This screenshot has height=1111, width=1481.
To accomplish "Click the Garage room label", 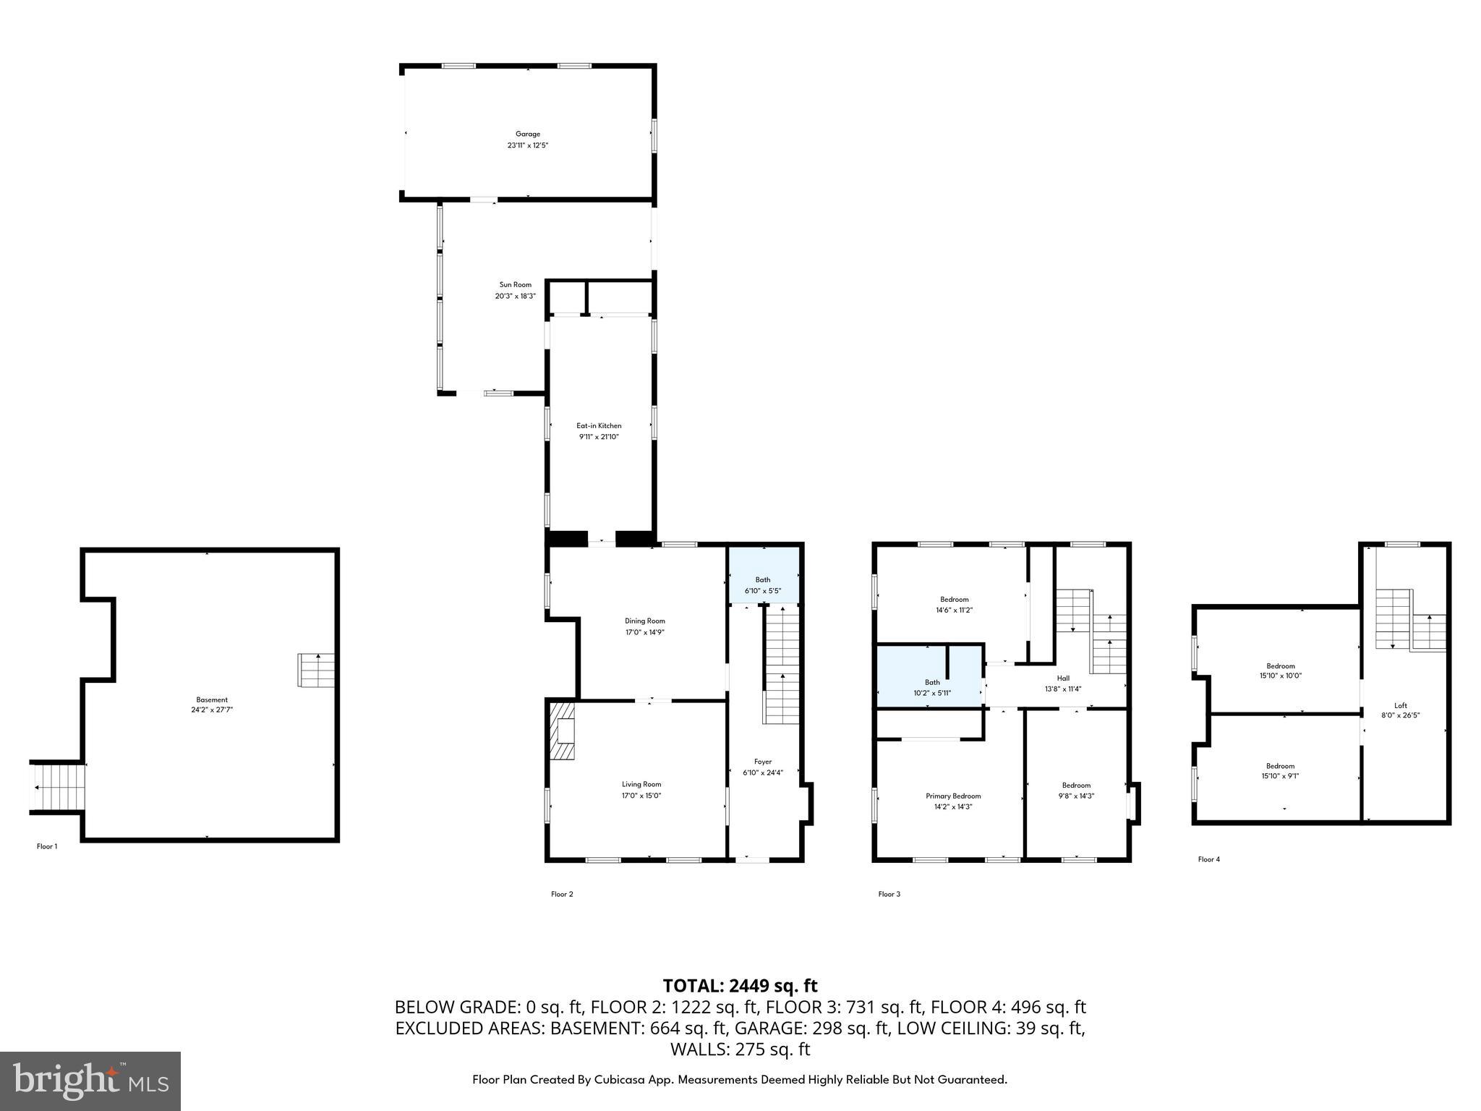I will click(527, 134).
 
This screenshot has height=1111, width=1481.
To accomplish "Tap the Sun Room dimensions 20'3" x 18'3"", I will click(515, 296).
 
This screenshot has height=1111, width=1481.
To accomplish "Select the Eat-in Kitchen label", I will click(599, 425).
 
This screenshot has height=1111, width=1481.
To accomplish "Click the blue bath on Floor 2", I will click(763, 576).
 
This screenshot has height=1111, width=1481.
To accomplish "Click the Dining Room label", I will click(644, 621).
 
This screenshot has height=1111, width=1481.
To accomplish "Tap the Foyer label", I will click(762, 762).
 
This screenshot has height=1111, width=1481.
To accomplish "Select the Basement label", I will click(212, 699).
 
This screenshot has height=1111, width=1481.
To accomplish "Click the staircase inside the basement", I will click(317, 670).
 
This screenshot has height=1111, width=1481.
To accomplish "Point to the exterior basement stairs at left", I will click(57, 787).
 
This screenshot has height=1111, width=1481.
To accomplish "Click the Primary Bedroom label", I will click(953, 796).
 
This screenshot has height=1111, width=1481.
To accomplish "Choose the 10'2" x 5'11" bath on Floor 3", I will click(932, 693).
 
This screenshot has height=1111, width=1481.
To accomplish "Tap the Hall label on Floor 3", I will click(1062, 678).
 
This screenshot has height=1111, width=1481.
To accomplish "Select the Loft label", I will click(1400, 705).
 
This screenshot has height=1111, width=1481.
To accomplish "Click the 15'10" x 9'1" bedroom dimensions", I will click(1280, 776).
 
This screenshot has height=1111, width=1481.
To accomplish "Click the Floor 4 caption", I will click(1208, 859).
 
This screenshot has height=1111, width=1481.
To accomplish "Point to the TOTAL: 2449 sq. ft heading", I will click(740, 986).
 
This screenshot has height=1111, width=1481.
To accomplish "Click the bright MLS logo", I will click(90, 1081).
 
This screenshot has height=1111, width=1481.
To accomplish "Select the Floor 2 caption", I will click(562, 894).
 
